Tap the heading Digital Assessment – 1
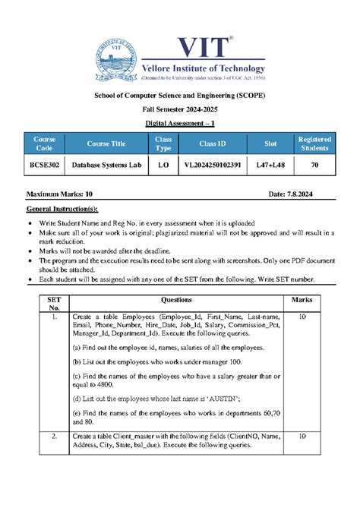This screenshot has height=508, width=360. pyautogui.click(x=180, y=123)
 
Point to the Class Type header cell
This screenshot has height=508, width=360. pyautogui.click(x=163, y=144)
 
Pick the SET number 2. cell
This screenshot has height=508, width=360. pyautogui.click(x=54, y=437)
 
